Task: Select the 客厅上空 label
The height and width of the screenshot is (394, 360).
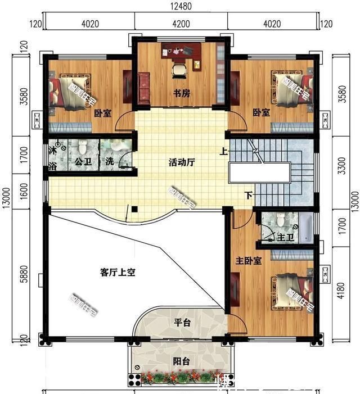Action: pyautogui.click(x=118, y=273)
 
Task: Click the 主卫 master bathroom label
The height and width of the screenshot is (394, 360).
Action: pyautogui.click(x=286, y=238)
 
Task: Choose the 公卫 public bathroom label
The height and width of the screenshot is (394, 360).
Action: pyautogui.click(x=83, y=162)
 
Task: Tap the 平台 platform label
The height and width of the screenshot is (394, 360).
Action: pyautogui.click(x=181, y=323)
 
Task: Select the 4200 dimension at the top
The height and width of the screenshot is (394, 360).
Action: pyautogui.click(x=181, y=24)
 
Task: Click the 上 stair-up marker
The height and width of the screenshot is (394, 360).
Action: pyautogui.click(x=224, y=151)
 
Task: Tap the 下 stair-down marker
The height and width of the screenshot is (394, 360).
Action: pyautogui.click(x=248, y=195)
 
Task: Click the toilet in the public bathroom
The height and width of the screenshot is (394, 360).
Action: pyautogui.click(x=83, y=148)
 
